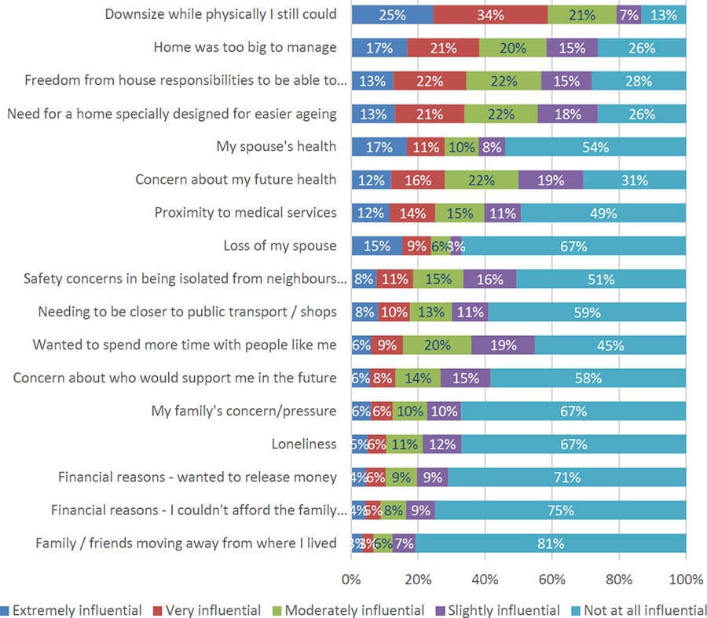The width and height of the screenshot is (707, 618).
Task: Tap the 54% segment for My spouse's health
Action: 596,146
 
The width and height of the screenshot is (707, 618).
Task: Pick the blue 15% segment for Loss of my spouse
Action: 377,246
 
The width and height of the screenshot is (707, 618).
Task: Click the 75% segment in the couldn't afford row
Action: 561,510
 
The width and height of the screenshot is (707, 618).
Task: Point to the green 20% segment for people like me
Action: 437,345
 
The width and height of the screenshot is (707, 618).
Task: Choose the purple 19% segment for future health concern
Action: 551,180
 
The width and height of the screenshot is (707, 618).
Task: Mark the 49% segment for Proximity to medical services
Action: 603,213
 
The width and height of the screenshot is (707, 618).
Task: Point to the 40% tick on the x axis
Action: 485,580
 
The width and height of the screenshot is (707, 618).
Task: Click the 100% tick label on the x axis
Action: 686,580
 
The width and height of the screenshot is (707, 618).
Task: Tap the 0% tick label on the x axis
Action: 352,580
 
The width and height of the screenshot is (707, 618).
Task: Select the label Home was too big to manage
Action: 245,47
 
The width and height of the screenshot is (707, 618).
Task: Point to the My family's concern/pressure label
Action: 244,411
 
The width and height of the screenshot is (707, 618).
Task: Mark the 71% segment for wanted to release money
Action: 566,477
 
